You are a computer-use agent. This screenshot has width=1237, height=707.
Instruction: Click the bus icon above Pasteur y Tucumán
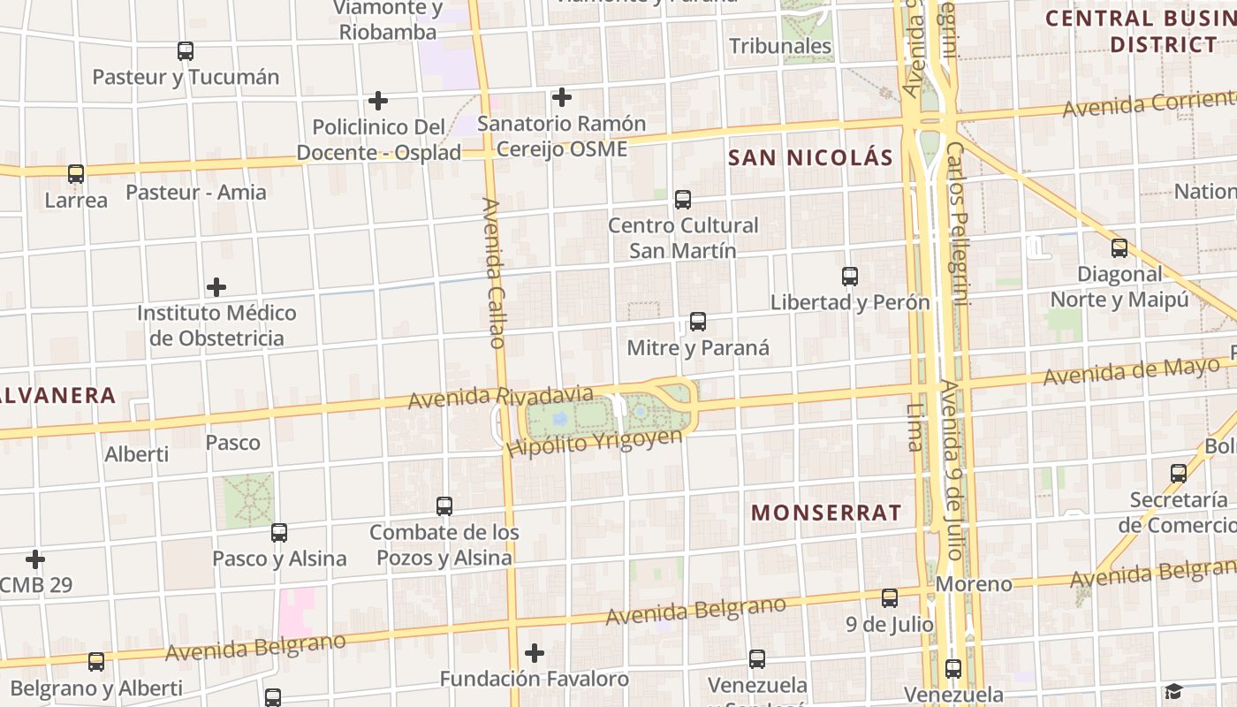point(185,51)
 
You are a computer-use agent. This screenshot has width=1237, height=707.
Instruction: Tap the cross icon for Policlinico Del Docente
point(378,101)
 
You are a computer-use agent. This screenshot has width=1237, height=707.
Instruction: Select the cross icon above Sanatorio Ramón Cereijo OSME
point(561,97)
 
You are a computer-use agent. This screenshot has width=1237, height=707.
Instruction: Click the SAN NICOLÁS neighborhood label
point(810,158)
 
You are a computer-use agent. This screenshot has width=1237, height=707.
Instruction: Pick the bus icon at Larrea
point(76,174)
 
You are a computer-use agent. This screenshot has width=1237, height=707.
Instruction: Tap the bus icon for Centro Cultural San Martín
point(683,200)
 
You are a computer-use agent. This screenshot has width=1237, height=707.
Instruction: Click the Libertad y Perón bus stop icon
point(850,277)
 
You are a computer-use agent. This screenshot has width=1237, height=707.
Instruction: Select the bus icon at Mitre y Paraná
point(698,322)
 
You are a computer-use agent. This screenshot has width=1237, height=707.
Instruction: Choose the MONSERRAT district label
point(826,513)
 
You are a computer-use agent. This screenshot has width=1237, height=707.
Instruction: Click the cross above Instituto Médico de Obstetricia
point(216,287)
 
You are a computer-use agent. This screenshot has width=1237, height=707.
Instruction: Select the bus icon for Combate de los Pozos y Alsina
point(444,506)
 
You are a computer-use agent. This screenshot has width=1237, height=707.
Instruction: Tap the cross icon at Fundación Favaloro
point(535,653)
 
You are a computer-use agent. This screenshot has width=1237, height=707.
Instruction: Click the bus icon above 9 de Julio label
point(890,598)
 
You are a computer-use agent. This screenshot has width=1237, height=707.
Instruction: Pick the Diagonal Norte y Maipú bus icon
point(1119,248)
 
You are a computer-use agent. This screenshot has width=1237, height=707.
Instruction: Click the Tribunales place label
point(780,46)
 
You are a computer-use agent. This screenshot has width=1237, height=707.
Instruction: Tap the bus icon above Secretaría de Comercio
point(1179,474)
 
